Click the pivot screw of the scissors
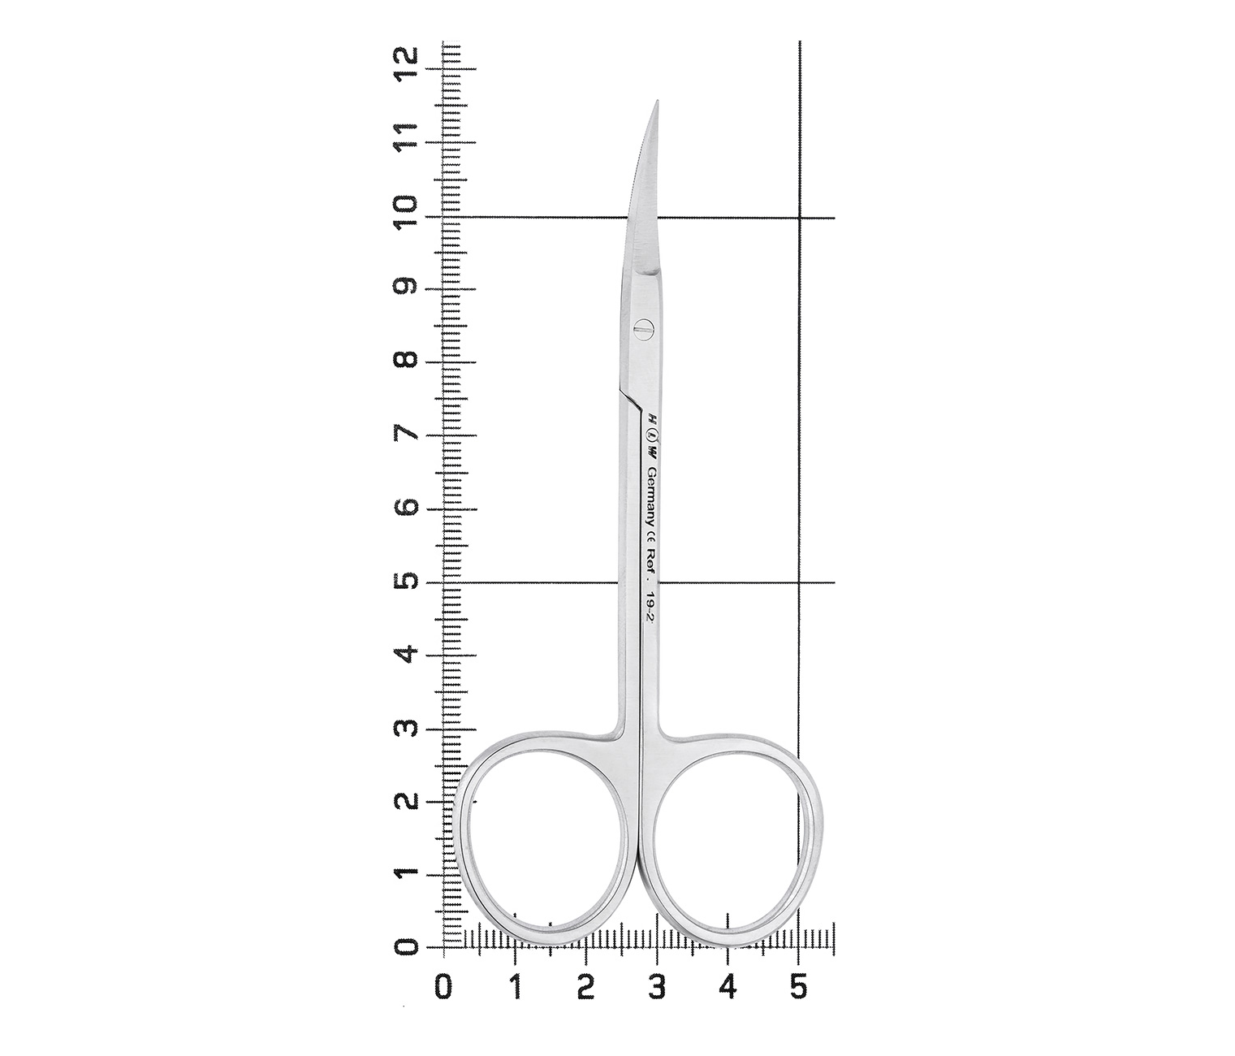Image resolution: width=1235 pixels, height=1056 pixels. [643, 329]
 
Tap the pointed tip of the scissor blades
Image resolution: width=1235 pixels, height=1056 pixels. [657, 101]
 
